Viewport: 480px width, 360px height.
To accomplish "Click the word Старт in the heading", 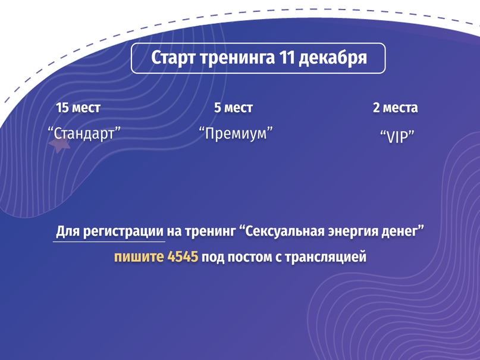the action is tap(173, 58).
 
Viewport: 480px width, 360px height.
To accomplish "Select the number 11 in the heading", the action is tap(287, 57).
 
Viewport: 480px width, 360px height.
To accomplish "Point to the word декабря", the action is tap(332, 58).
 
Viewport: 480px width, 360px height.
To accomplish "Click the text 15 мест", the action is tap(78, 108).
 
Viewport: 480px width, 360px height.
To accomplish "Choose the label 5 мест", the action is tap(233, 108).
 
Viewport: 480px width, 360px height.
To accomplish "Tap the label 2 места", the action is tap(395, 108).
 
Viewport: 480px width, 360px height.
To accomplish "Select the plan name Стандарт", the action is tap(84, 133).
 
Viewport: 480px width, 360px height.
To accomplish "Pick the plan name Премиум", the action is tap(236, 133).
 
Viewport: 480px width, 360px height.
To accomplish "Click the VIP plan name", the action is tap(397, 136).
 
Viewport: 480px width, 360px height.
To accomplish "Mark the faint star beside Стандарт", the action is tap(59, 144).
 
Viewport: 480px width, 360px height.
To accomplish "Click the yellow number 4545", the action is tap(183, 256).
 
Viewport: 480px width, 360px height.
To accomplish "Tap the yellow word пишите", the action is tap(139, 257).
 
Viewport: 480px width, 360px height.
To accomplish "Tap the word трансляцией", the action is tap(326, 257).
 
